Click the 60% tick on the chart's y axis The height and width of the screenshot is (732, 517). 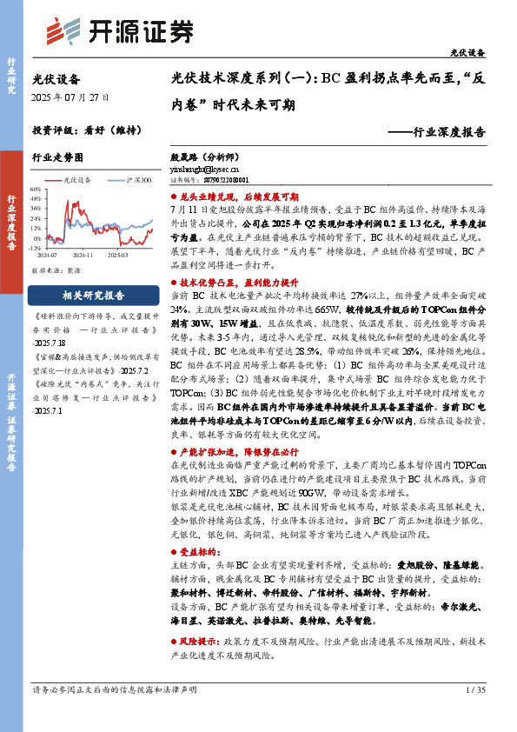36,187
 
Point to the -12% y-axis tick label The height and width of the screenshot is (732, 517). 36,247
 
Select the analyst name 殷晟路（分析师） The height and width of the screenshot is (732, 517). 202,159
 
